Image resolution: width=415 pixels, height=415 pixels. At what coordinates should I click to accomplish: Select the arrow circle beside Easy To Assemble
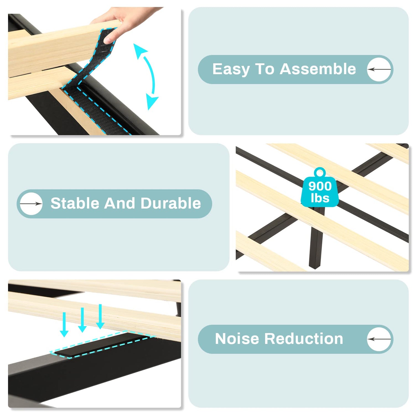tap(379, 69)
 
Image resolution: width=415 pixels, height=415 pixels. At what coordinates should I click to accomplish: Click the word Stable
tap(74, 203)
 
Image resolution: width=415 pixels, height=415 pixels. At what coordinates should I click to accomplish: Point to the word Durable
tap(171, 203)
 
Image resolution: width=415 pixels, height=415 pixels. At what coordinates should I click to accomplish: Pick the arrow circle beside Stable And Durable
tap(31, 204)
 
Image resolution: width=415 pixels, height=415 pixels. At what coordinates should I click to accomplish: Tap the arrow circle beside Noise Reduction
tap(379, 339)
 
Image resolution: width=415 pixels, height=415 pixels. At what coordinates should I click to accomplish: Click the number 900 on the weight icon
tap(320, 186)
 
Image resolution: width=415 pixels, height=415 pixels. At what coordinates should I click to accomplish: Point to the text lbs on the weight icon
tap(320, 198)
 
